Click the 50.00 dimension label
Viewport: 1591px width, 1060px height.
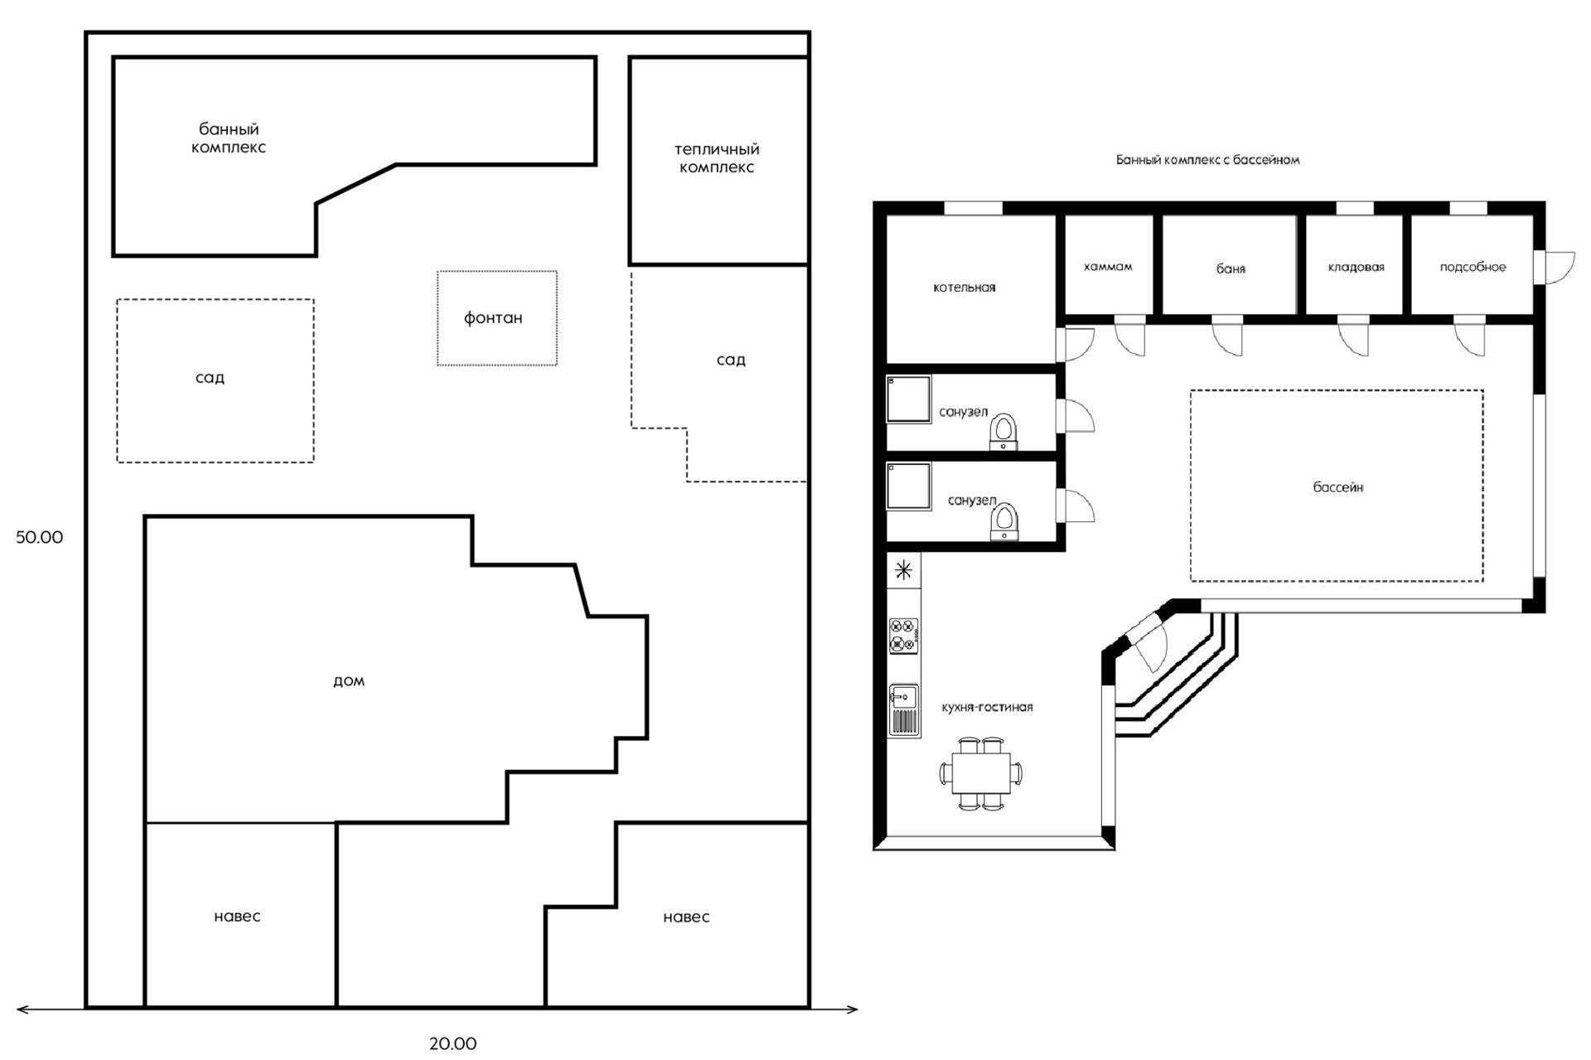tap(39, 537)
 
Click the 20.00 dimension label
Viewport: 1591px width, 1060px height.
tap(452, 1043)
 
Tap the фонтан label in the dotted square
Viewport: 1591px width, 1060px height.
tap(493, 318)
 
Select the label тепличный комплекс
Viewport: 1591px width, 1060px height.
tap(717, 158)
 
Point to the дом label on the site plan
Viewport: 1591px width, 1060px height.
tap(349, 680)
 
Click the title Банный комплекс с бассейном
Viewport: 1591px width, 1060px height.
tap(1207, 160)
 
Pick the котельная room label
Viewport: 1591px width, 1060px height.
tap(965, 288)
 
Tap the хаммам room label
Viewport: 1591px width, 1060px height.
tap(1108, 267)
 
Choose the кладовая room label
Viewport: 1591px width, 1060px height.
tap(1356, 267)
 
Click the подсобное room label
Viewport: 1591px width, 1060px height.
tap(1473, 267)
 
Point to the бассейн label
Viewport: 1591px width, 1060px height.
tap(1338, 487)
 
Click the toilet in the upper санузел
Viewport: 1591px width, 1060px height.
tap(1003, 432)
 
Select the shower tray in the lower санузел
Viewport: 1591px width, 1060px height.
tap(909, 486)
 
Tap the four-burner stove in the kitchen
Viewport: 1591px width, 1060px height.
tap(903, 635)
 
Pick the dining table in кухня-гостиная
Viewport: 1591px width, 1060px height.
tap(981, 773)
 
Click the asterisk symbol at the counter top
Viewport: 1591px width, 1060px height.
tap(903, 570)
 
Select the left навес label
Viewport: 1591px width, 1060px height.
tap(237, 917)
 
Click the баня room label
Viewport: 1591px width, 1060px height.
tap(1231, 269)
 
